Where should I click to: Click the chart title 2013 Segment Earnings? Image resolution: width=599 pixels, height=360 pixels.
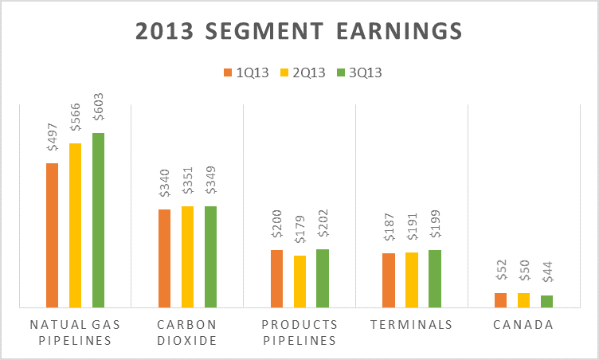(x=299, y=30)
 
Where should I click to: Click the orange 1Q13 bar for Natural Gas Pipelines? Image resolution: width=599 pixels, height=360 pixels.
(x=53, y=235)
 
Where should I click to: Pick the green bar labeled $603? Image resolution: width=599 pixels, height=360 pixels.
(x=98, y=220)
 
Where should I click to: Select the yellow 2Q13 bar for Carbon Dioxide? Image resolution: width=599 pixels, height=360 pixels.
(x=187, y=256)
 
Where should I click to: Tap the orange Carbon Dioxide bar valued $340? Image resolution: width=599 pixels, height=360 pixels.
(x=165, y=258)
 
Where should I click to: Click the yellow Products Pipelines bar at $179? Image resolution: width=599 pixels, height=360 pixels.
(x=299, y=281)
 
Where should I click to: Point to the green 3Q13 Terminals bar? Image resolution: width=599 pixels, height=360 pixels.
(x=434, y=278)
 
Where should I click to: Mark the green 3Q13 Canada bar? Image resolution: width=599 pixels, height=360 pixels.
(x=546, y=301)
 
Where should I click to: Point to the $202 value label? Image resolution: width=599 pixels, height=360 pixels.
(x=323, y=228)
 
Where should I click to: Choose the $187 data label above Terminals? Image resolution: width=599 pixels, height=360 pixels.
(x=389, y=232)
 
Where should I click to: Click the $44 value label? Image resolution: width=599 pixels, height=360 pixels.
(x=546, y=277)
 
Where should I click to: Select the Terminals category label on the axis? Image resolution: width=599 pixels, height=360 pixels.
(x=411, y=325)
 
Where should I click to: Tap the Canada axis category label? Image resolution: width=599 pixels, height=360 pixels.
(x=523, y=325)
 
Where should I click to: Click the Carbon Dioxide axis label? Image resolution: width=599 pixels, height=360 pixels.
(x=187, y=332)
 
